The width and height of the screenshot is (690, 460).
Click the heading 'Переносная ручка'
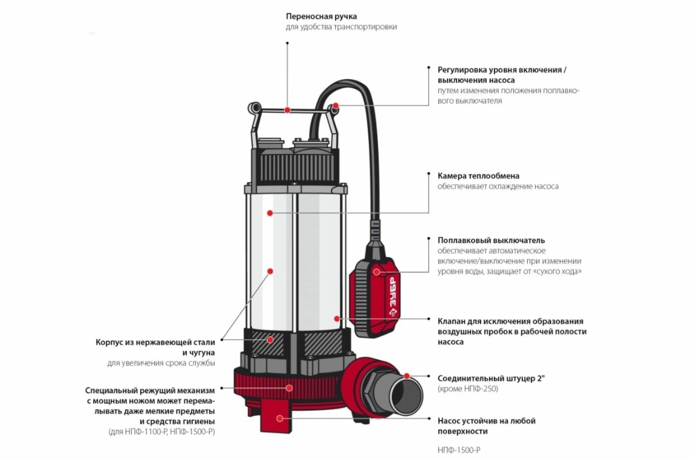(x=321, y=16)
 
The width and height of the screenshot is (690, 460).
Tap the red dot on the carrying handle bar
(x=287, y=110)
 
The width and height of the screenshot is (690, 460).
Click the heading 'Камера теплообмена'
(x=478, y=176)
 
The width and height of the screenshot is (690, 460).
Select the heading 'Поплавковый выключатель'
(x=491, y=241)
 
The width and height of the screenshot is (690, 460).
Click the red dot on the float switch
(x=376, y=272)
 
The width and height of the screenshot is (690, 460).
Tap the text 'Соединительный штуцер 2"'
(x=491, y=378)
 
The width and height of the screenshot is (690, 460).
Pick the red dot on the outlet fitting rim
(x=407, y=376)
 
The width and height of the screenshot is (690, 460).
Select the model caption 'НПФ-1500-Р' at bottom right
(x=459, y=450)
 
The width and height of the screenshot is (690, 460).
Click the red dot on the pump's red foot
(x=279, y=419)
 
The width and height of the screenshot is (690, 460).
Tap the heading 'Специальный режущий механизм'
(x=150, y=390)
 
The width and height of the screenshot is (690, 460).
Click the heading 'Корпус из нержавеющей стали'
(x=155, y=342)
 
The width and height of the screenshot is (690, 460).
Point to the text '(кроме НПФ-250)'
(x=468, y=389)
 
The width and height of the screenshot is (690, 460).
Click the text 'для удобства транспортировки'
(x=341, y=27)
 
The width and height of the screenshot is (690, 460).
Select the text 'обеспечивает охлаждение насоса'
(x=498, y=187)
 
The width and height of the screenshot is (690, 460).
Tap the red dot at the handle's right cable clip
(x=336, y=106)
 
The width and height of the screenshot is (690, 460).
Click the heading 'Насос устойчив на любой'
(x=487, y=421)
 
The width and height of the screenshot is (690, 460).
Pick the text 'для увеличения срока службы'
(x=161, y=363)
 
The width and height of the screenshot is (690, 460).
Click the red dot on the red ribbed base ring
(x=290, y=388)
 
